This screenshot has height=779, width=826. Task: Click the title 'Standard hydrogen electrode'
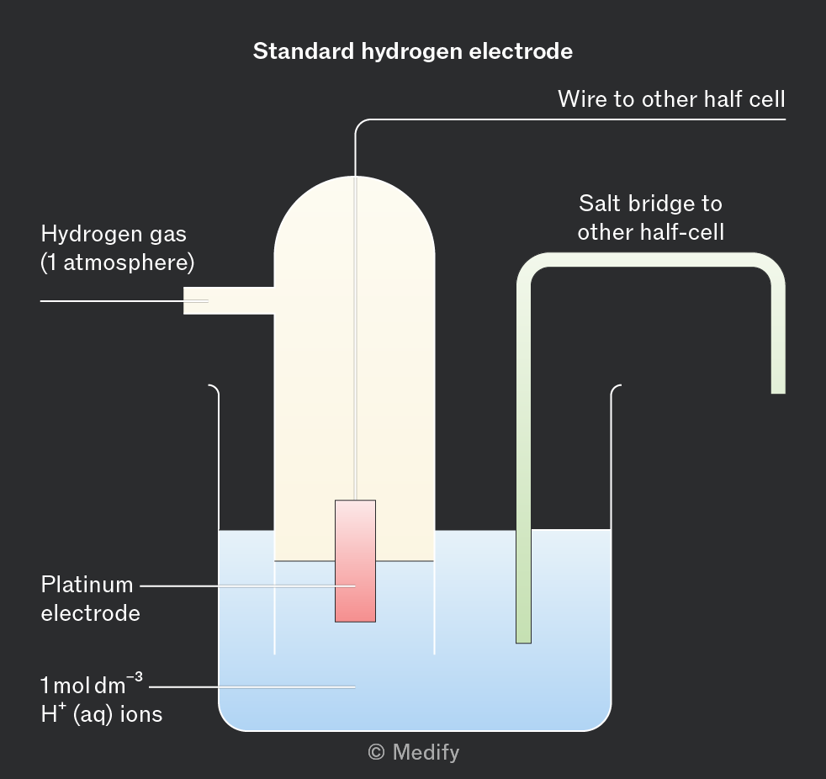412,51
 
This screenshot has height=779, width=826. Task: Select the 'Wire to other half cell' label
671,99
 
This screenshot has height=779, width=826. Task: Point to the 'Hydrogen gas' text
114,234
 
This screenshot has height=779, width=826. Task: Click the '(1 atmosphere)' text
118,262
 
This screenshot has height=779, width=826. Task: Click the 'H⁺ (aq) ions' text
101,714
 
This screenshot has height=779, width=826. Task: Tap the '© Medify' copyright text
414,751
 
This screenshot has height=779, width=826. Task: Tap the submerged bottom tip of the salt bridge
523,635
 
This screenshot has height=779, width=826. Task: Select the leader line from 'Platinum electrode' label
244,585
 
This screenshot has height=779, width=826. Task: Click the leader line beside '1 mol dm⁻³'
252,686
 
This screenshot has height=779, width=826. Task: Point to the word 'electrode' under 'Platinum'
90,612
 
